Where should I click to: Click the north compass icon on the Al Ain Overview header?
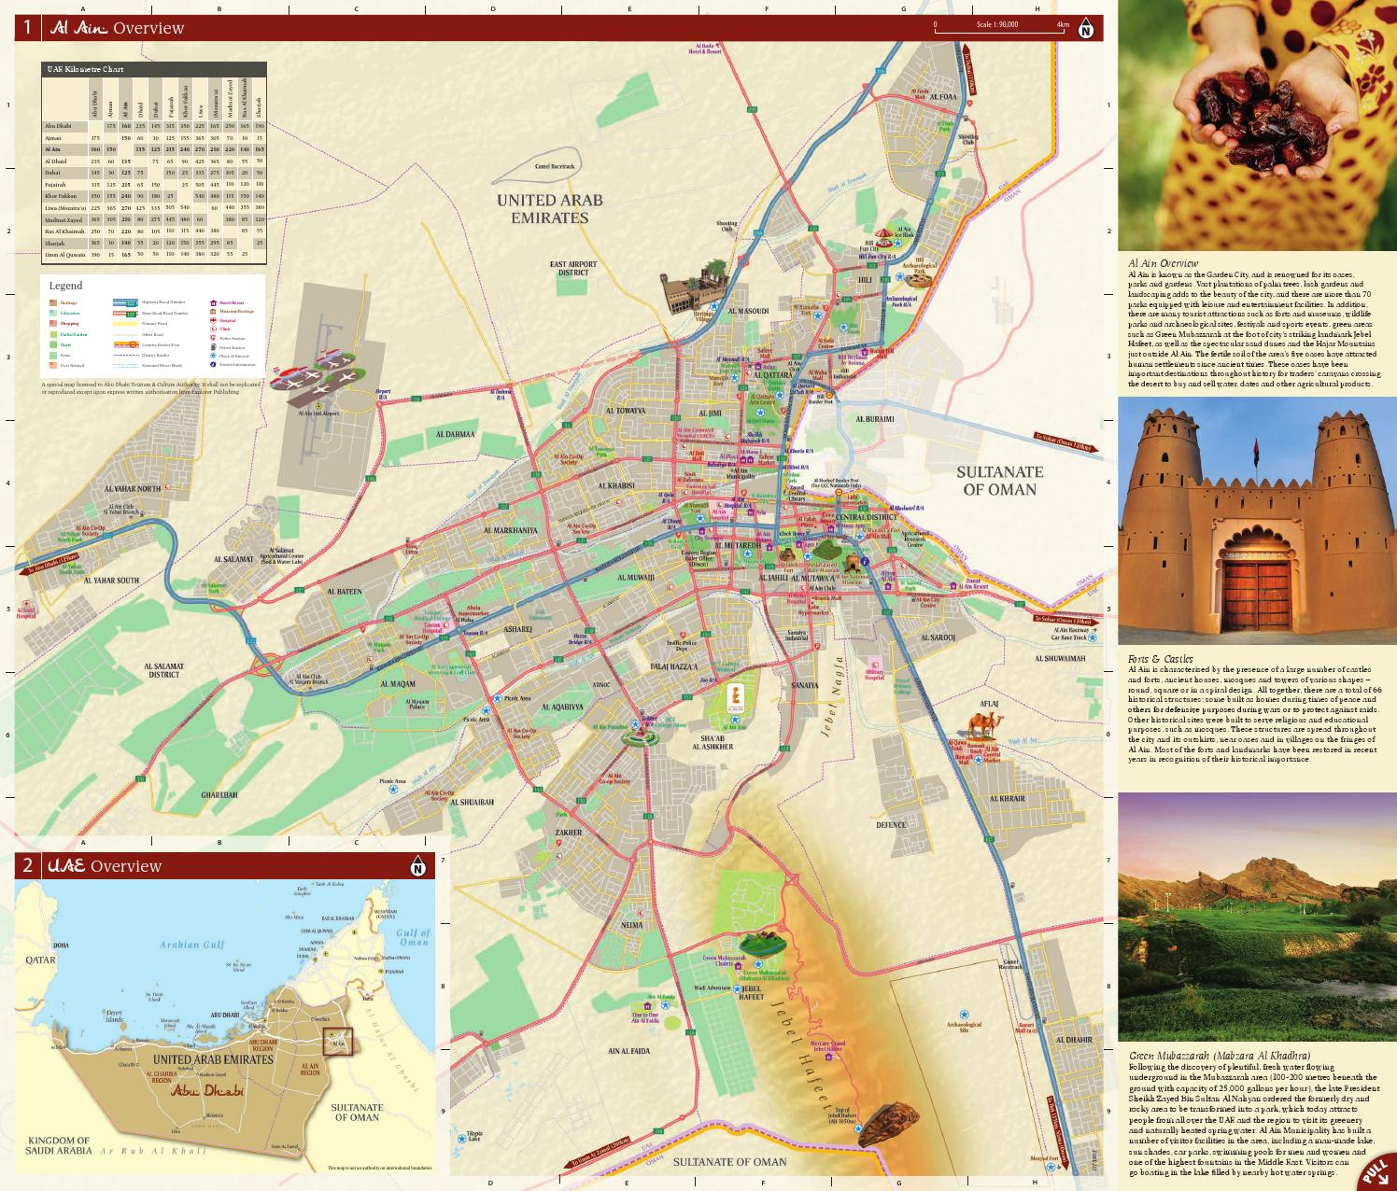[1086, 28]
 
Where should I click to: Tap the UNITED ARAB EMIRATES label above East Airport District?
[549, 209]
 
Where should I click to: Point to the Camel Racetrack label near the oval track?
[557, 167]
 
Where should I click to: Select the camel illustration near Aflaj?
[981, 724]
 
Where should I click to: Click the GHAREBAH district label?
[219, 794]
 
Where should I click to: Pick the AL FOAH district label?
[942, 97]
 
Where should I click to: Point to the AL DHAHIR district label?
[1073, 1039]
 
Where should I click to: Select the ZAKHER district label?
[568, 833]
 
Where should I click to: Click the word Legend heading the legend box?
[66, 286]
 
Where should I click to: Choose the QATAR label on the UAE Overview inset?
[41, 960]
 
